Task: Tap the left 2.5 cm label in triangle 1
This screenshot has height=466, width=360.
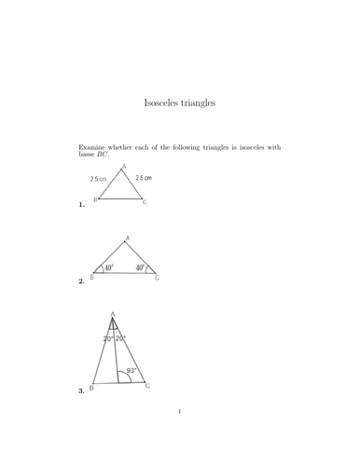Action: click(100, 177)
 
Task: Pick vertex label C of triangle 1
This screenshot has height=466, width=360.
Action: click(145, 201)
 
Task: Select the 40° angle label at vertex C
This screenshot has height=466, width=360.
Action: click(140, 268)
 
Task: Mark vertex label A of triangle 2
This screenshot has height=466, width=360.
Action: click(127, 239)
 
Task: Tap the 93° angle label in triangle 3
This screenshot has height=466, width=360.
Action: click(132, 370)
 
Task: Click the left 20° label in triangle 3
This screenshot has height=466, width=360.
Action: click(108, 338)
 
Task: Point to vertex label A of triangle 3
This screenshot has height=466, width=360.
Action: click(113, 314)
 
